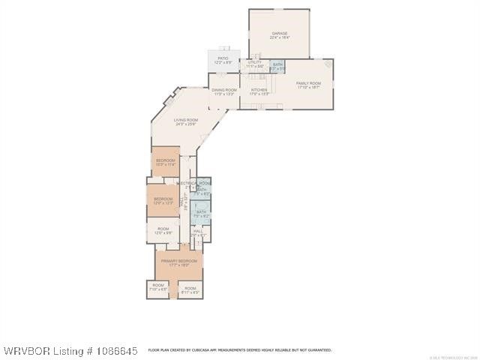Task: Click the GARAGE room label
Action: [x=279, y=33]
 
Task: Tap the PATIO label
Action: [x=223, y=58]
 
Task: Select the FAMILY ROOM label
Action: [x=308, y=83]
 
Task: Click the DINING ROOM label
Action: [x=224, y=91]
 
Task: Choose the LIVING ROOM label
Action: [x=186, y=120]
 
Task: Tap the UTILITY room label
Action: [x=256, y=62]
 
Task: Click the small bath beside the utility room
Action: [x=277, y=66]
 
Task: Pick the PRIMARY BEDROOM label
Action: [x=178, y=260]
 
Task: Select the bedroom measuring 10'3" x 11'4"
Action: [x=166, y=161]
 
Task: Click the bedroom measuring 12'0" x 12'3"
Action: [x=163, y=199]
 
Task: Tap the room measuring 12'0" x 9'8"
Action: [x=163, y=229]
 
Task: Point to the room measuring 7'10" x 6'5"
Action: [x=158, y=286]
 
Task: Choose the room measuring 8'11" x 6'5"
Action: [x=190, y=289]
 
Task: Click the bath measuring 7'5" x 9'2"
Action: [x=201, y=213]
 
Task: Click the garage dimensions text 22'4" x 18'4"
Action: [x=279, y=37]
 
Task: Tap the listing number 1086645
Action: [x=113, y=350]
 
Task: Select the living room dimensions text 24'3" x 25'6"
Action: [x=186, y=124]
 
